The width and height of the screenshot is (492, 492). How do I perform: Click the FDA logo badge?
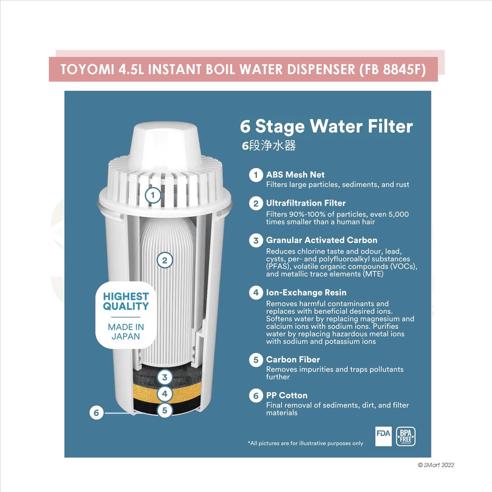point(383,436)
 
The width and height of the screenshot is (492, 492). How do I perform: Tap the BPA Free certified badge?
point(406,436)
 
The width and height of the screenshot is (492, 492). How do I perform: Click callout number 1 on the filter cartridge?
point(153,195)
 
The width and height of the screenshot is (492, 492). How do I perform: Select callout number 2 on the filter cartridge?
point(165,260)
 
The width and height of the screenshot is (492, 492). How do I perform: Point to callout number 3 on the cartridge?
point(165,377)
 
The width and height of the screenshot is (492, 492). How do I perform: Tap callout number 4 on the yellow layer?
point(165,394)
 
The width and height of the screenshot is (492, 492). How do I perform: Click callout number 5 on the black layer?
point(165,410)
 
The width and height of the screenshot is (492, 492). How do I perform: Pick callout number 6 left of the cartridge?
point(96,413)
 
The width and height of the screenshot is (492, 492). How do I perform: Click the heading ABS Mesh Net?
point(295,174)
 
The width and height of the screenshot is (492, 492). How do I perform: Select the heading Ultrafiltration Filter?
point(306,203)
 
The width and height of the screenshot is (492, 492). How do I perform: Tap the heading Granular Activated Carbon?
point(321,240)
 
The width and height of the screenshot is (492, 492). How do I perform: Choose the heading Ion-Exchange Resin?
point(306,293)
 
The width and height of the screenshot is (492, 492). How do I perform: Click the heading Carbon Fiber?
point(293,359)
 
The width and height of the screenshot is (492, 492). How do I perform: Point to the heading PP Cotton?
point(287,395)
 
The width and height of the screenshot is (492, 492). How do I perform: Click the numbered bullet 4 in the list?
point(256,293)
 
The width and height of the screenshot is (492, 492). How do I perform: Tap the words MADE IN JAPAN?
point(126,332)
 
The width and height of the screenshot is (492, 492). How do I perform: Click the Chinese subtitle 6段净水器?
point(269,145)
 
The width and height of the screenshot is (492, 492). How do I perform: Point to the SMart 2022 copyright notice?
point(436,465)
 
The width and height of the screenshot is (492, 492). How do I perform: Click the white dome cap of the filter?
point(165,146)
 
